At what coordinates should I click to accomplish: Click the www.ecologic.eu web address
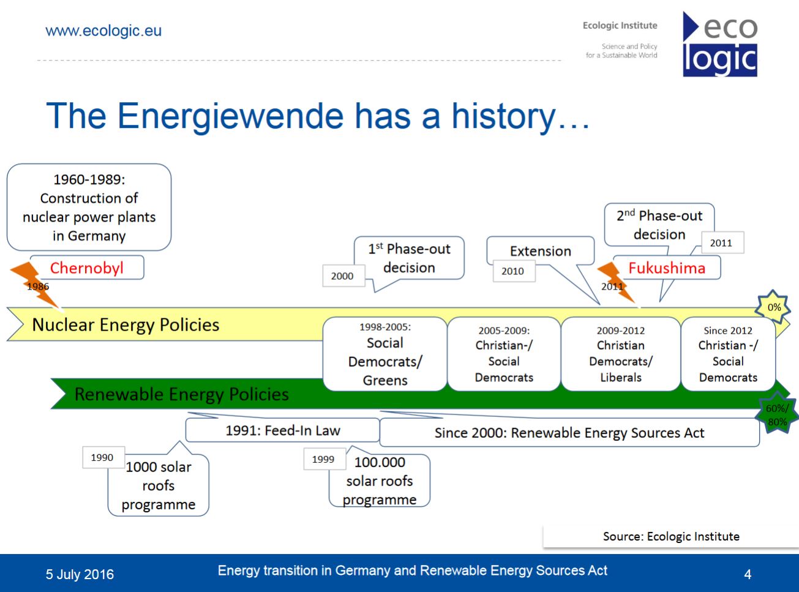point(103,31)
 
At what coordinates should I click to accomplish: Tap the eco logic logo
point(720,44)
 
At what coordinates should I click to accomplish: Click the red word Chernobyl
point(87,268)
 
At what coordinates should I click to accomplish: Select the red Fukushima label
point(666,268)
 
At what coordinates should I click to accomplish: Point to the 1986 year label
point(38,287)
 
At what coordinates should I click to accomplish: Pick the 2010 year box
point(514,271)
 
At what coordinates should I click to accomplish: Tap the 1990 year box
point(103,457)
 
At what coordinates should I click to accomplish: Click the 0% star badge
point(774,307)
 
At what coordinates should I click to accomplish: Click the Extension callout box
point(541,251)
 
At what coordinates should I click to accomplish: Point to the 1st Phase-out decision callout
point(409,258)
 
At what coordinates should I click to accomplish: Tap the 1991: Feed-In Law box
point(282,430)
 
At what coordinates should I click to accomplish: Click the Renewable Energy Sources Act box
point(569,432)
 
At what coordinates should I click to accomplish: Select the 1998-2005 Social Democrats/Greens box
point(384,354)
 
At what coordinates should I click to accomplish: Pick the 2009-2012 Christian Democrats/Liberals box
point(621,354)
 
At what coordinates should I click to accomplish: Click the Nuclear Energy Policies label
point(126,324)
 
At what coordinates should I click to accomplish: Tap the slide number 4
point(748,574)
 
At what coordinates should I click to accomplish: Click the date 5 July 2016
point(80,574)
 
